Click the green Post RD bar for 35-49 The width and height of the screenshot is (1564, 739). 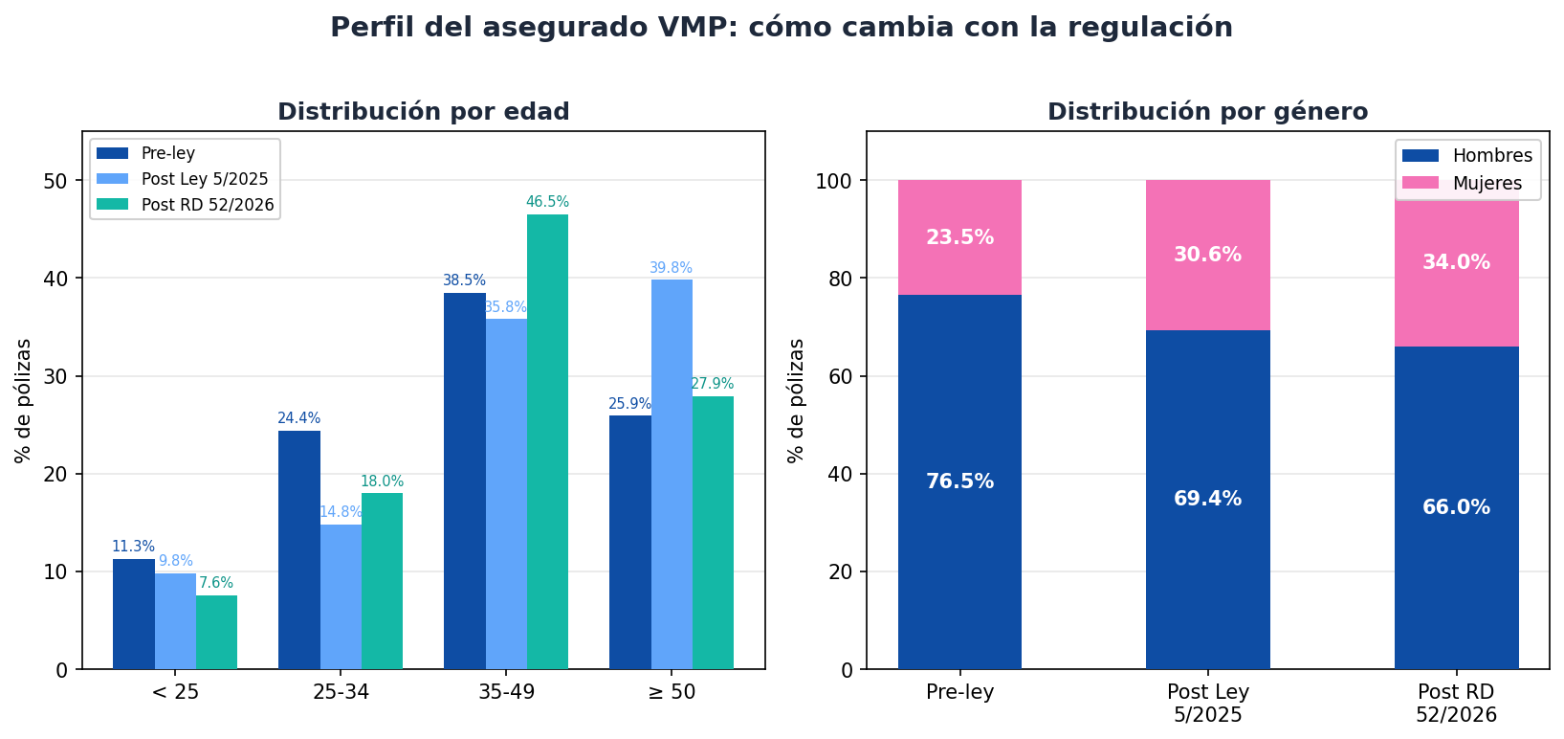[547, 441]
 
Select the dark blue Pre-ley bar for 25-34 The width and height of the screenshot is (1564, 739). [299, 549]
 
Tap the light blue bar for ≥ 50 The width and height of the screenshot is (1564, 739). [672, 474]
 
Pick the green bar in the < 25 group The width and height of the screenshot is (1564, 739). [216, 632]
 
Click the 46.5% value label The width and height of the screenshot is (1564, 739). [547, 202]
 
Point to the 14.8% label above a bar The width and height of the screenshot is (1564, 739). [341, 512]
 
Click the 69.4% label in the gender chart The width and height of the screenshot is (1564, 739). [1207, 499]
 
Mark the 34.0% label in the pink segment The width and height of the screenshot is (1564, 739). [1456, 262]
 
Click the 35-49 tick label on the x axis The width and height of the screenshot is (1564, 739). [506, 692]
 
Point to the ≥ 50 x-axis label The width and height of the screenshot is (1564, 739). [672, 692]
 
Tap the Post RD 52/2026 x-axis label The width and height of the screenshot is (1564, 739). [1456, 704]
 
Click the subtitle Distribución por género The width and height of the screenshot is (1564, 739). [1207, 112]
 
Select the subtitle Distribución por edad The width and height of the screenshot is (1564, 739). [423, 112]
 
